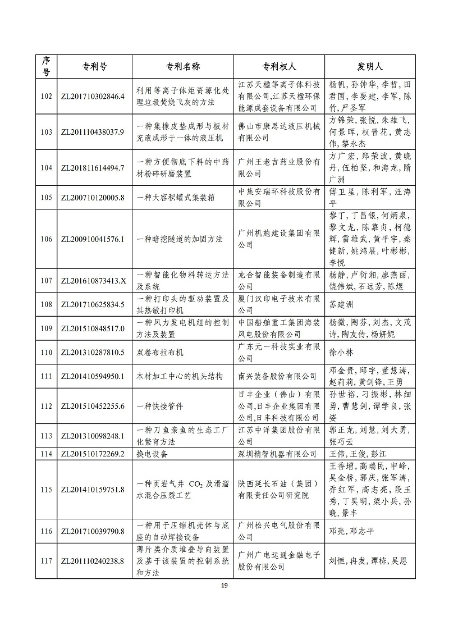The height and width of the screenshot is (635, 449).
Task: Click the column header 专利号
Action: click(x=91, y=66)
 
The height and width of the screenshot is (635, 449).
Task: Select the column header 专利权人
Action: click(x=279, y=66)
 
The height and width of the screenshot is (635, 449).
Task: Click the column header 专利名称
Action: click(x=182, y=66)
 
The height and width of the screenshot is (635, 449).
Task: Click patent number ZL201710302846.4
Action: click(x=91, y=96)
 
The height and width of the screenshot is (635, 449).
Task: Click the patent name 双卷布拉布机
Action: click(x=161, y=352)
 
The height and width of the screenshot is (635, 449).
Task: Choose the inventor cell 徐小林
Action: click(x=340, y=352)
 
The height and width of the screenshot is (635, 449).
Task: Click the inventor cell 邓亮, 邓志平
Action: click(x=351, y=531)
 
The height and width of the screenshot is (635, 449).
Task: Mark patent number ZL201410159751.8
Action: click(x=91, y=489)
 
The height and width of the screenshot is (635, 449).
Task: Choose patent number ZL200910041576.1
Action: click(x=91, y=239)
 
